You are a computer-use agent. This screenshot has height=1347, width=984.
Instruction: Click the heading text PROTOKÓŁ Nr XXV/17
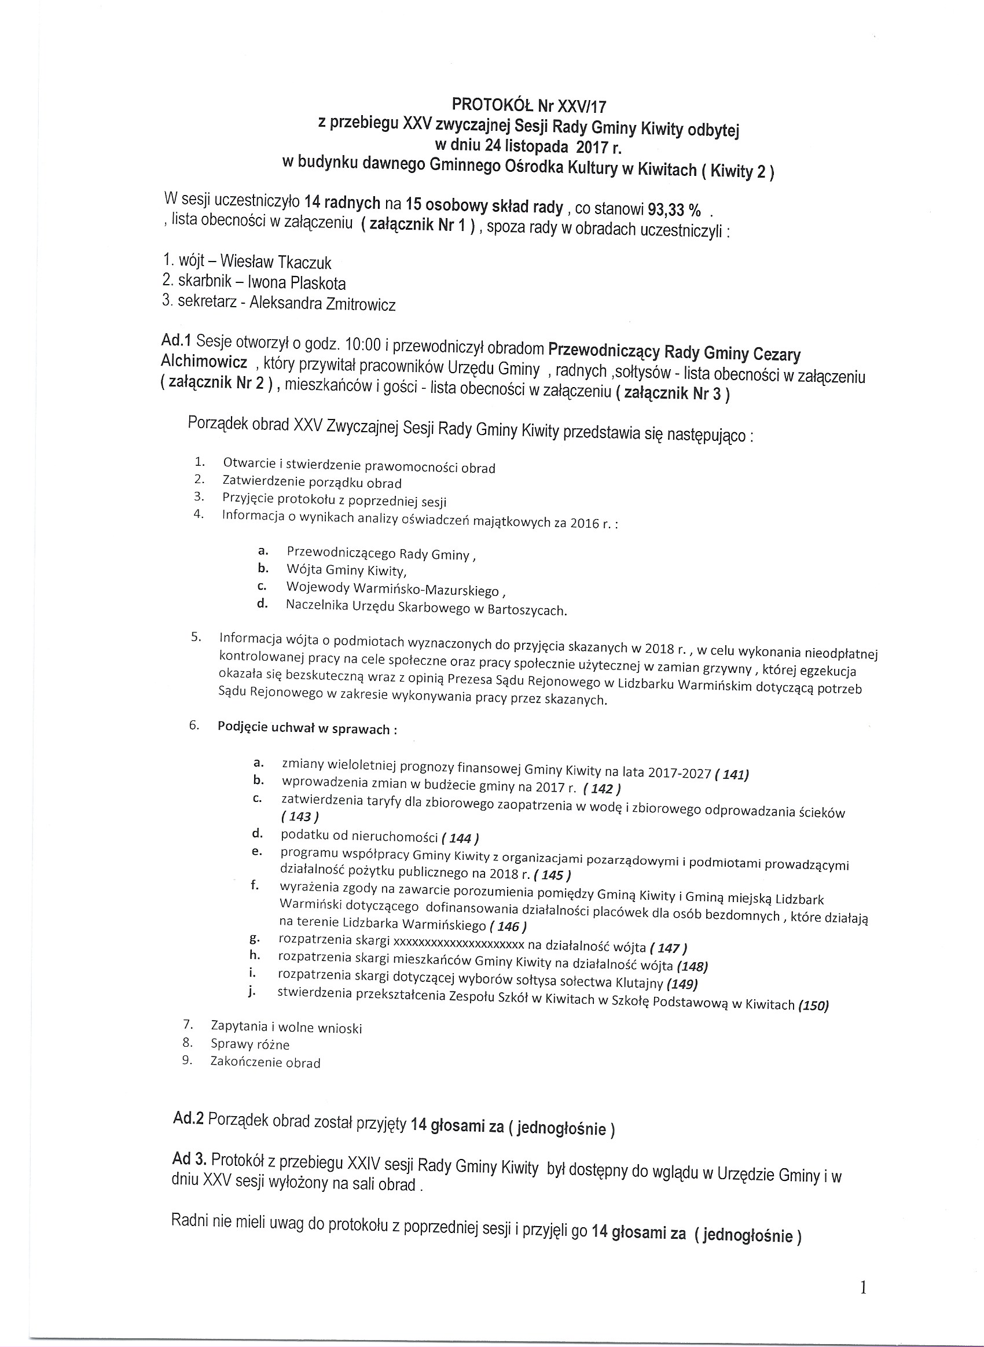coord(528,105)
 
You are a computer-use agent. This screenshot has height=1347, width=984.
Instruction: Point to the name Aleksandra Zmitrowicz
coord(322,304)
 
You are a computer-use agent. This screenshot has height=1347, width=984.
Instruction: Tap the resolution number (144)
coord(460,838)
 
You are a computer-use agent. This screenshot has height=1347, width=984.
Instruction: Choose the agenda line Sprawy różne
coord(250,1044)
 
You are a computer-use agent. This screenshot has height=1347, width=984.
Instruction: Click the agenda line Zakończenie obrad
coord(266,1062)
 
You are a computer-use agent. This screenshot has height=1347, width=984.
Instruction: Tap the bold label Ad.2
coord(188,1118)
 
